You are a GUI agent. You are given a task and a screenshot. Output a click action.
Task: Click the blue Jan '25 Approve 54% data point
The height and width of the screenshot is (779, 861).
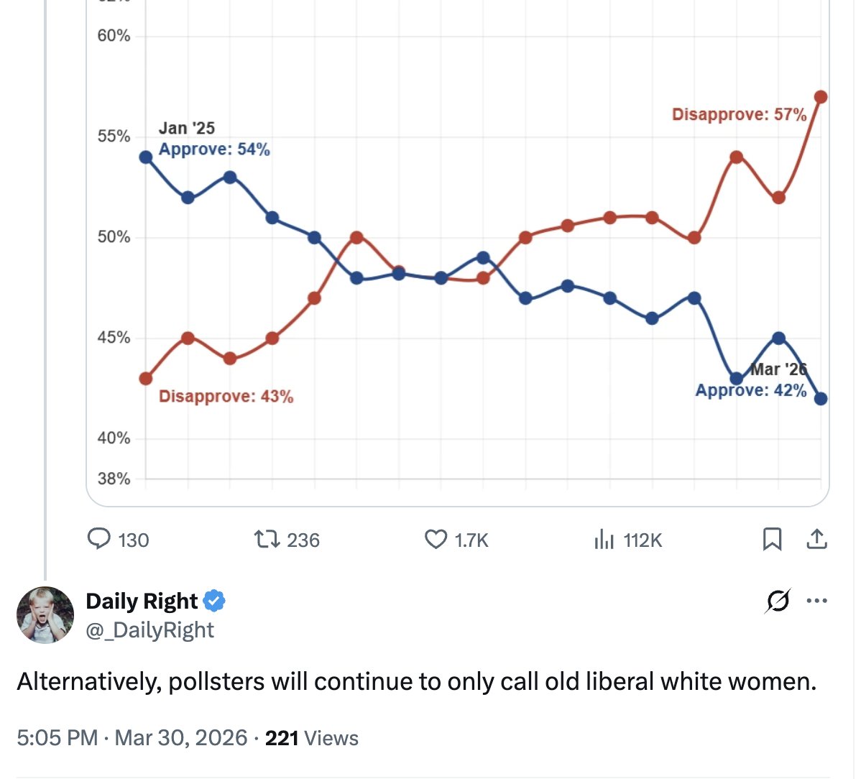(x=146, y=157)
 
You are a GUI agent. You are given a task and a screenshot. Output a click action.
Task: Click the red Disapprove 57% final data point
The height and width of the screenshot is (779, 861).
(x=821, y=97)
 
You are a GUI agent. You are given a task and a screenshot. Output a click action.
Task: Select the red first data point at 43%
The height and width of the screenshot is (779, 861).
(x=146, y=378)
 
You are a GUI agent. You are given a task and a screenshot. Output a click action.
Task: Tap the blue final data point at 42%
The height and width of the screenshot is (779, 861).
(x=821, y=398)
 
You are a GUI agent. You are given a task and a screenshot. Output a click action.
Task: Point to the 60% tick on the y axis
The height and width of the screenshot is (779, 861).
(x=114, y=36)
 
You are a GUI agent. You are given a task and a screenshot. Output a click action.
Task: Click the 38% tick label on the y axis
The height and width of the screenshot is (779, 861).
(x=114, y=479)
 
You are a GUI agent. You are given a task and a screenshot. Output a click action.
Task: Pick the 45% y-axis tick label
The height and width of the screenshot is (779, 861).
(x=114, y=338)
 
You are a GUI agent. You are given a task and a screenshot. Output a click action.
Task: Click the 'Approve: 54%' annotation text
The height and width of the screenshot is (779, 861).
(x=214, y=149)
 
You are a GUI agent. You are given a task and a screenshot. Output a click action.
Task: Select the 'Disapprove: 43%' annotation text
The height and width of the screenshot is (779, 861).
(x=226, y=397)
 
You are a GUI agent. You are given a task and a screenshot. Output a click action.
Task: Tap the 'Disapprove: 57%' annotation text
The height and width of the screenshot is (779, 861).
(x=739, y=115)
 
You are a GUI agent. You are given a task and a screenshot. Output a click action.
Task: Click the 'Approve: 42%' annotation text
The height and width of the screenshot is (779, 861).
(x=750, y=390)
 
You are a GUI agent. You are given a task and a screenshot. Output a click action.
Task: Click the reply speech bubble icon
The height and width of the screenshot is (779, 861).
(x=98, y=539)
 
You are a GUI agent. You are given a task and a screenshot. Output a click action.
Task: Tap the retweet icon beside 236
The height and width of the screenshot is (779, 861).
(x=267, y=539)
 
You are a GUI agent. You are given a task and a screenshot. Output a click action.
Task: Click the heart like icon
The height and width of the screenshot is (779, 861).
(x=436, y=539)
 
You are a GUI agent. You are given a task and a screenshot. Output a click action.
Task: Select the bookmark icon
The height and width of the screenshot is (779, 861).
(x=772, y=539)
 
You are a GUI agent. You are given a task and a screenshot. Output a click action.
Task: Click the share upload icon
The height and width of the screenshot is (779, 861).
(x=816, y=539)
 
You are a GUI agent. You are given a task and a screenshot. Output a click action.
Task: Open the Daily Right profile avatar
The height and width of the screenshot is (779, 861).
(x=45, y=614)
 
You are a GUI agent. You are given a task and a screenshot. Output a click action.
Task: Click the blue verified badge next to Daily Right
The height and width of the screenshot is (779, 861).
(x=214, y=601)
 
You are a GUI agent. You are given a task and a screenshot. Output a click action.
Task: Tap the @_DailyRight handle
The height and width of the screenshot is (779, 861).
(x=149, y=630)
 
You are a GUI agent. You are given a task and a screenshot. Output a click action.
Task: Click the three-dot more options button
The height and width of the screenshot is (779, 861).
(x=816, y=601)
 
